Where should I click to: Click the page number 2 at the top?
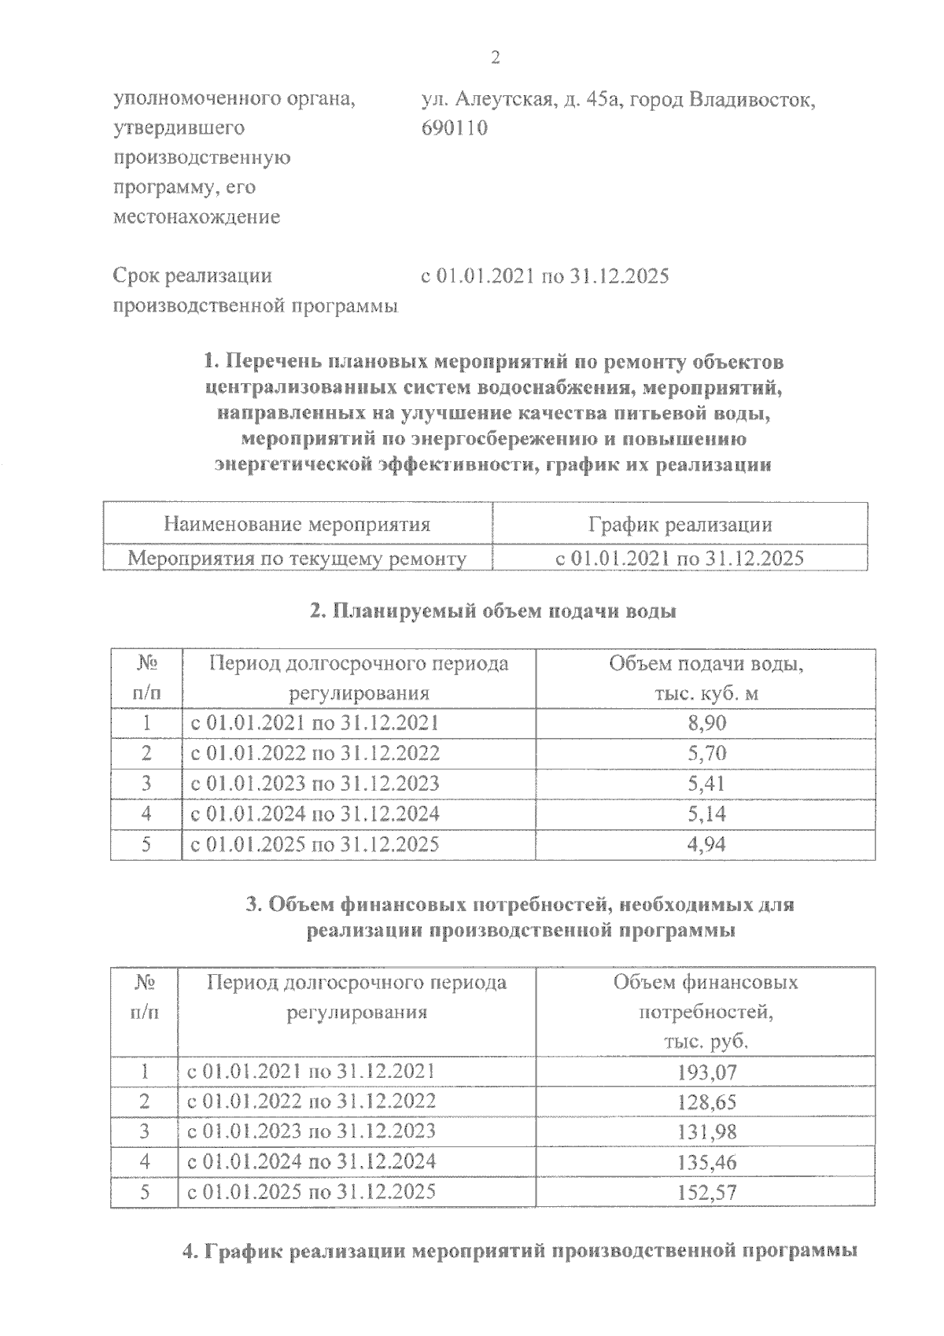(495, 58)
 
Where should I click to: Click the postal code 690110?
(455, 127)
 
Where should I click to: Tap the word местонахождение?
(197, 217)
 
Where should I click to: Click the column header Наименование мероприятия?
(297, 525)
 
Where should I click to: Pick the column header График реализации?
(680, 525)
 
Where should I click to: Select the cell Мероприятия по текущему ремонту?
(297, 559)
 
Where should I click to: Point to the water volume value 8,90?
(706, 723)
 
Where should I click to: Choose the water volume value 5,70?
(706, 754)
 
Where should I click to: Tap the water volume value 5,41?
(706, 784)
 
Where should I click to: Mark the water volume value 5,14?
(706, 814)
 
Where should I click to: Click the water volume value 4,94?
(706, 844)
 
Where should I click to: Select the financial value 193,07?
(706, 1072)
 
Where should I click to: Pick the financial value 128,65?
(706, 1102)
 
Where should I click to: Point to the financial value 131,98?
(706, 1132)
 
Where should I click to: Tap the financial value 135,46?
(706, 1162)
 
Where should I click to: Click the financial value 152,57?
(706, 1193)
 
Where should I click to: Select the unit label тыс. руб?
(706, 1042)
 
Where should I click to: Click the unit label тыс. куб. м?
(706, 694)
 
